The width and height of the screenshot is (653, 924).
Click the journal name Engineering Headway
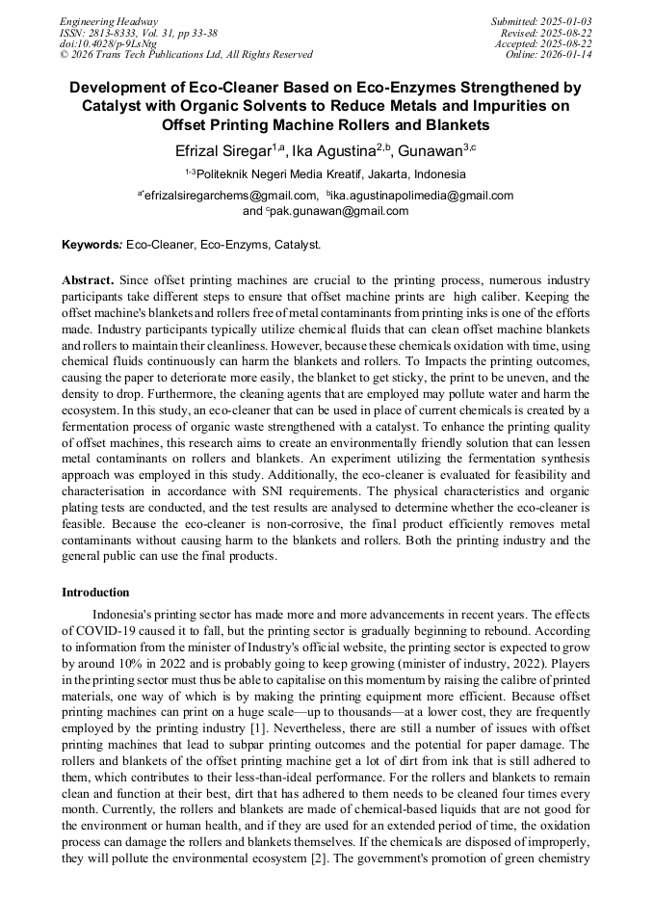pyautogui.click(x=109, y=20)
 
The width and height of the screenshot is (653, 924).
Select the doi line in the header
pyautogui.click(x=108, y=43)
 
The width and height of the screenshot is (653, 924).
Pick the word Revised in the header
pyautogui.click(x=510, y=32)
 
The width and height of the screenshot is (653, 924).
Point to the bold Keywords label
pyautogui.click(x=91, y=246)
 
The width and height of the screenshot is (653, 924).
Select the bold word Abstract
pyautogui.click(x=88, y=280)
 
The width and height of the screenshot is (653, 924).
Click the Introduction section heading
pyautogui.click(x=95, y=593)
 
